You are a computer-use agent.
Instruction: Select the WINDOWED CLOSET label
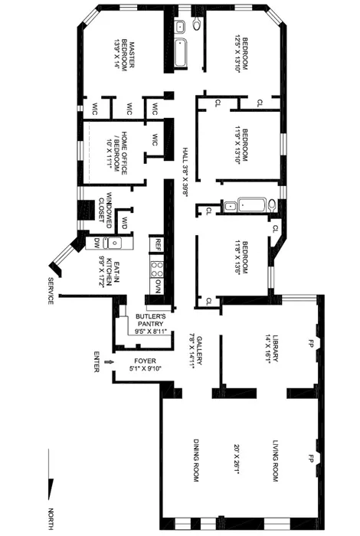tap(105, 205)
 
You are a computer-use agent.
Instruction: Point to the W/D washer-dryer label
tap(123, 224)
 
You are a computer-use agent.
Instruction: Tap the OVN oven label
tap(157, 286)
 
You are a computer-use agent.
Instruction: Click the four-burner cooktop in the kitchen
tap(157, 267)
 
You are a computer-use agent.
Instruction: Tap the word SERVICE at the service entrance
tap(51, 290)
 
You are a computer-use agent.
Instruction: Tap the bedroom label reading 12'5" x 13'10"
tap(241, 54)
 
